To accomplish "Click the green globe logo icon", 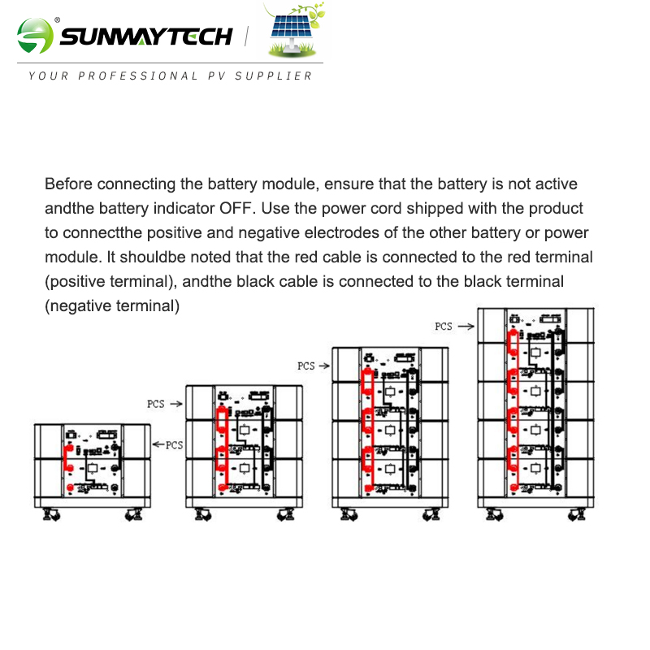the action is (x=35, y=36).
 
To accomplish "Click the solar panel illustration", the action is (x=293, y=30).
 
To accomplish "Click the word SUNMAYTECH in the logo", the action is (x=146, y=37).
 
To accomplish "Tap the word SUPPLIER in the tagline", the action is (x=273, y=76).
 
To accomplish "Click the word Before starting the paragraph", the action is (x=68, y=184).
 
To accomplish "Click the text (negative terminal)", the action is (x=112, y=306).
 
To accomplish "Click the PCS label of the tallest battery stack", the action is (x=443, y=327).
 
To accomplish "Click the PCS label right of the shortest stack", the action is (x=174, y=445).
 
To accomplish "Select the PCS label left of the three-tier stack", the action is (x=155, y=404).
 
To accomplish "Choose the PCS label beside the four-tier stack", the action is (x=306, y=366).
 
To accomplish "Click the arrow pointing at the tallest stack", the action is (x=466, y=327).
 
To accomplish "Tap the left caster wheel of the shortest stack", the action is (x=51, y=514).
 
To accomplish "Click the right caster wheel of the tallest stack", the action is (x=577, y=514).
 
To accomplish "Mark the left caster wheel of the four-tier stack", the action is (x=349, y=514).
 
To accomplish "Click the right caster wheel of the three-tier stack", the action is (x=286, y=514).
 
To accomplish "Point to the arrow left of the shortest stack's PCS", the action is (x=158, y=444).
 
